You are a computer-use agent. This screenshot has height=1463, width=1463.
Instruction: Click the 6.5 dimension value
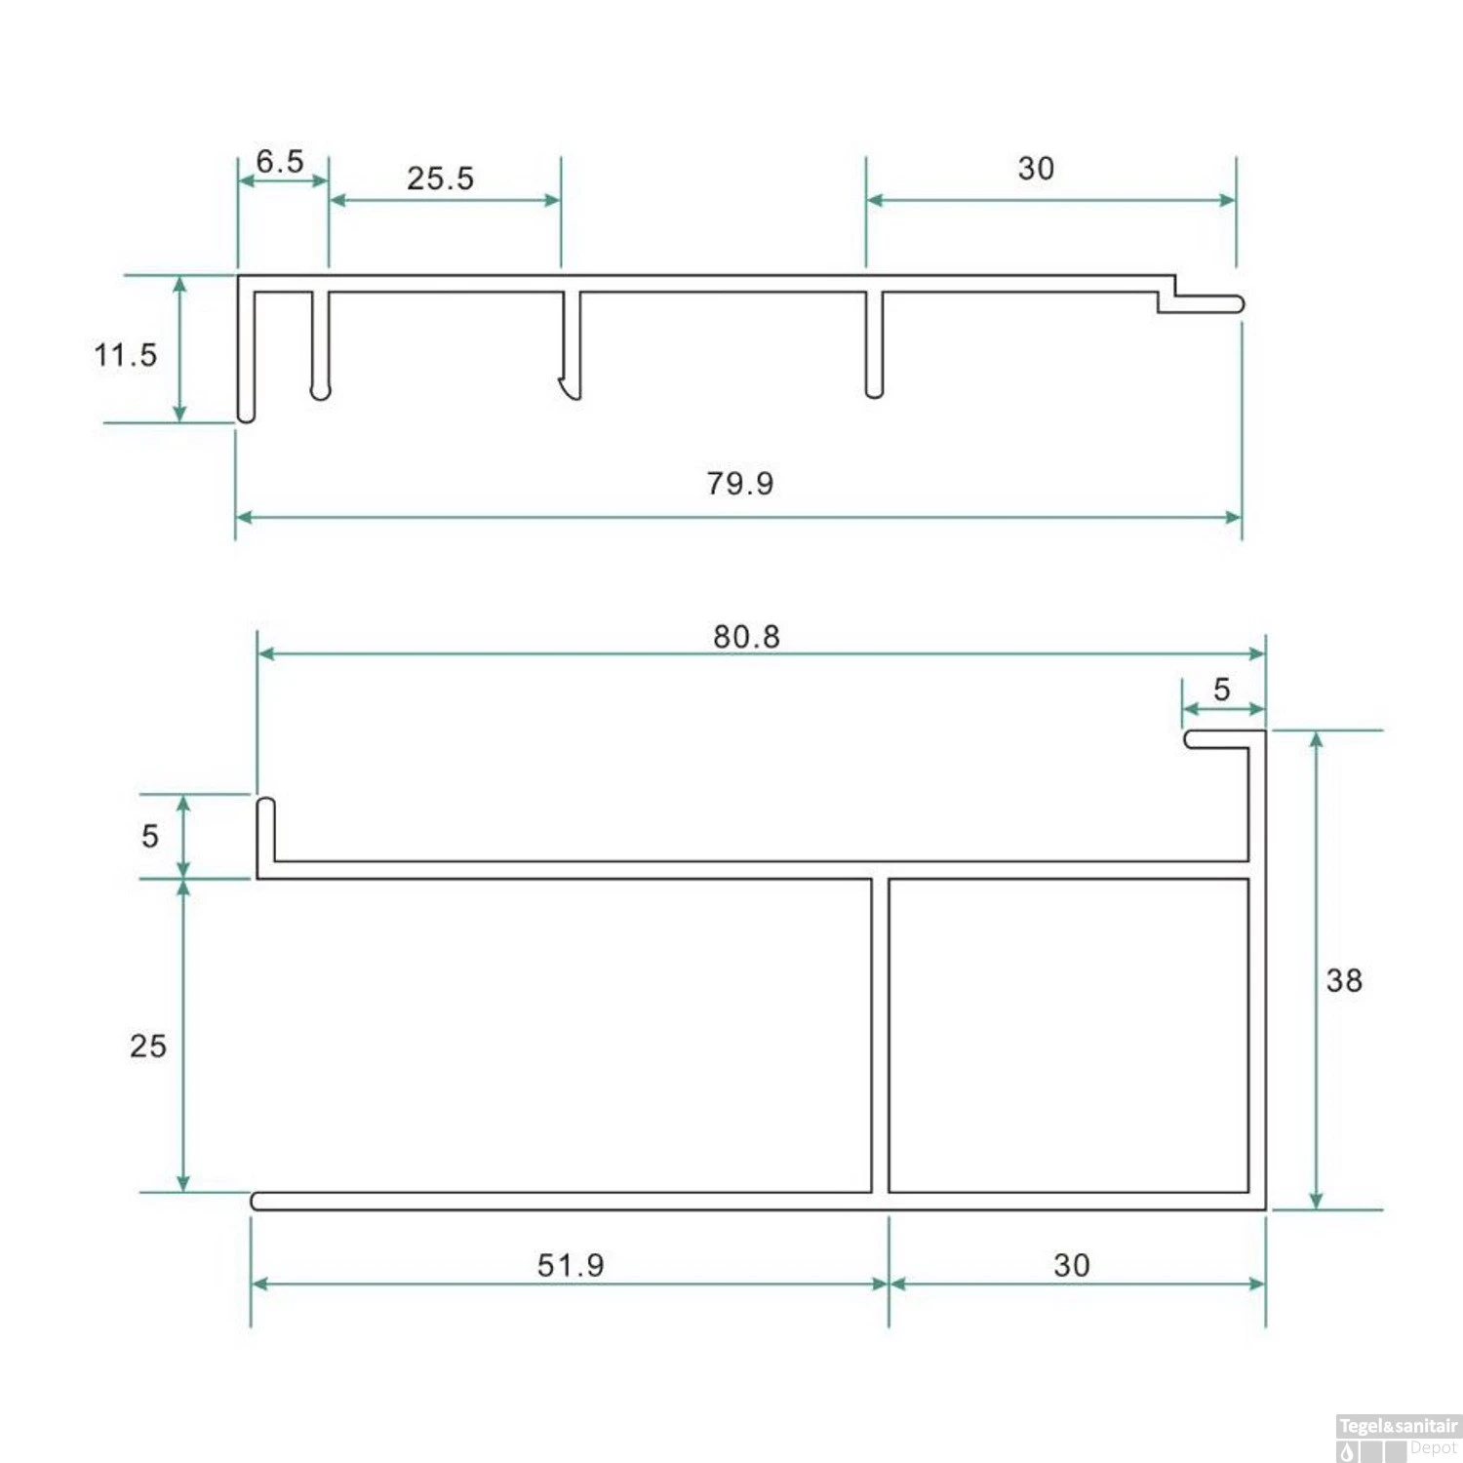[x=280, y=161]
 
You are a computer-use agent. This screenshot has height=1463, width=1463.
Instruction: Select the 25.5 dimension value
[x=440, y=178]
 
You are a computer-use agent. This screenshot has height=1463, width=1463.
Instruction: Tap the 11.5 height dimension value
[x=126, y=355]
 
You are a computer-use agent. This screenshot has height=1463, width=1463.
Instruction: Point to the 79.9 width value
[x=740, y=483]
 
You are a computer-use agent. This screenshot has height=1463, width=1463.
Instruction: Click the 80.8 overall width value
[x=746, y=637]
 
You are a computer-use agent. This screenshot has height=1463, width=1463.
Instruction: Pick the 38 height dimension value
[x=1344, y=980]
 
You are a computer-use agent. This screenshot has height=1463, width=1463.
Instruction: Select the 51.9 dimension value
[x=571, y=1265]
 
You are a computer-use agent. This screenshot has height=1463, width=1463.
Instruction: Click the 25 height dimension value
[x=148, y=1046]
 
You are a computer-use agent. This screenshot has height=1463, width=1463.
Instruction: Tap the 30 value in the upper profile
[x=1036, y=169]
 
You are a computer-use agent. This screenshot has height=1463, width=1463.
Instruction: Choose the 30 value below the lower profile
[x=1072, y=1265]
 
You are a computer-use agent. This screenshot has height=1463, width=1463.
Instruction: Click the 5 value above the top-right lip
[x=1222, y=690]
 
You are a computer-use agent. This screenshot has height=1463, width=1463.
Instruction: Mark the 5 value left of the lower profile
[x=149, y=836]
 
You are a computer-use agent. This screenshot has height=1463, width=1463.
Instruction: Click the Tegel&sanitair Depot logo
[x=1398, y=1438]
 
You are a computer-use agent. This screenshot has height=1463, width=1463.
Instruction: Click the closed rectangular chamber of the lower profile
[x=1068, y=1035]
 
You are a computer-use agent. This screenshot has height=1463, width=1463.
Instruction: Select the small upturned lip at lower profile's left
[x=265, y=829]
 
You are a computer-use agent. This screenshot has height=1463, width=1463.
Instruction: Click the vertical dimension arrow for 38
[x=1316, y=969]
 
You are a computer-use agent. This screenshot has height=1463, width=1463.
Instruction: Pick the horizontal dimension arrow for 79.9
[x=738, y=517]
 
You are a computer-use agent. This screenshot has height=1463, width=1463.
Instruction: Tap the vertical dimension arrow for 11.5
[x=179, y=348]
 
